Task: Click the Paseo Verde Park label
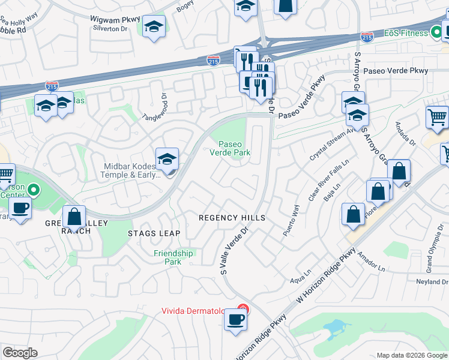[234, 148]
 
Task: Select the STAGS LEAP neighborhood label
[154, 232]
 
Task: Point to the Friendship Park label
[173, 257]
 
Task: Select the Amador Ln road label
[371, 264]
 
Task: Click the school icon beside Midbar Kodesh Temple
[167, 159]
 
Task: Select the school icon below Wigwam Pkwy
[154, 27]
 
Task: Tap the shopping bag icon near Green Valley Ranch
[74, 217]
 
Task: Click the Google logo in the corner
[20, 353]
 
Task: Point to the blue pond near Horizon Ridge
[336, 328]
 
